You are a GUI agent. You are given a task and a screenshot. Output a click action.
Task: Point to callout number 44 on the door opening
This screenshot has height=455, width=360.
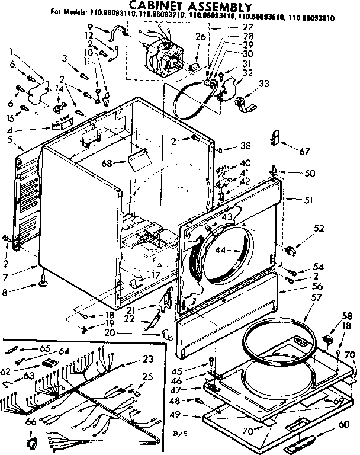[220, 251]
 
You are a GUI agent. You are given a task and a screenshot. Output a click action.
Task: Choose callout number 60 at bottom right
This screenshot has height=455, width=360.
[343, 424]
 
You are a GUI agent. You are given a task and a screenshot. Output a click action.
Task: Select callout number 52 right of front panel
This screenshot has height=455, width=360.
[319, 227]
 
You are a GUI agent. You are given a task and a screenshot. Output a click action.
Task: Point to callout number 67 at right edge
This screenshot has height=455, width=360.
[305, 150]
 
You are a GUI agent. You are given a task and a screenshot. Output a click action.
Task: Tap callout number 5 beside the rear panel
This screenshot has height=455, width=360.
[10, 140]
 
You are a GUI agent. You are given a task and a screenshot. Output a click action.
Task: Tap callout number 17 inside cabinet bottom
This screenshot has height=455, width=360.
[156, 275]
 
